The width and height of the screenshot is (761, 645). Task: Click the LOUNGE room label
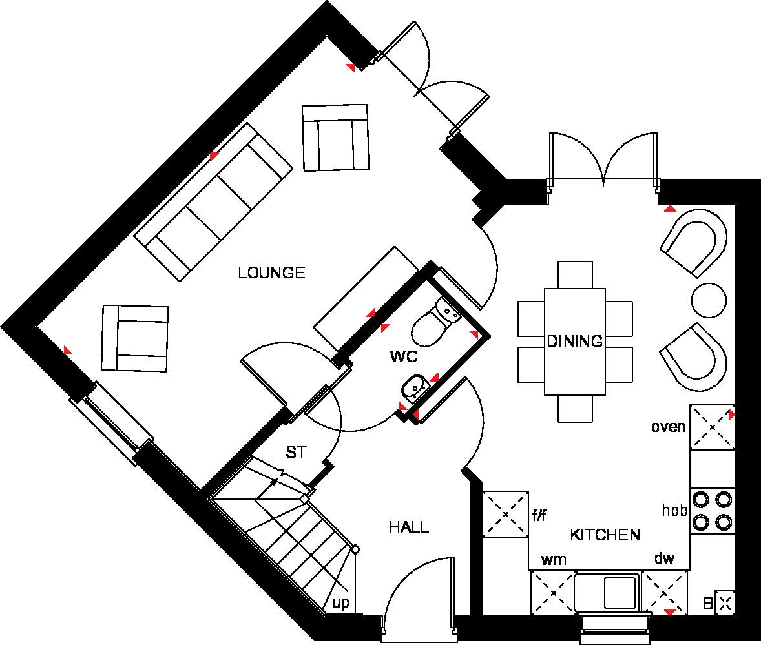pyautogui.click(x=271, y=272)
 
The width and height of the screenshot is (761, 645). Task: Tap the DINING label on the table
pyautogui.click(x=575, y=341)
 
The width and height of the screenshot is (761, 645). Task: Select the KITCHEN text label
pyautogui.click(x=605, y=535)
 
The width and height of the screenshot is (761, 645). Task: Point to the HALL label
pyautogui.click(x=409, y=527)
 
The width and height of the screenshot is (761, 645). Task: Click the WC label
pyautogui.click(x=404, y=357)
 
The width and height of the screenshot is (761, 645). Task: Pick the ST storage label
pyautogui.click(x=296, y=453)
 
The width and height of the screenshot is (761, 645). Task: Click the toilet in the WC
pyautogui.click(x=435, y=321)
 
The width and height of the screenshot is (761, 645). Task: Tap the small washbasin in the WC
pyautogui.click(x=415, y=389)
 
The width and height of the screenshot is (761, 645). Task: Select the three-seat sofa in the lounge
pyautogui.click(x=213, y=202)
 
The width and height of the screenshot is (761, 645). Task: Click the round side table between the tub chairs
pyautogui.click(x=709, y=300)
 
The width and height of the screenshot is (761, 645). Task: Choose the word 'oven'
pyautogui.click(x=669, y=427)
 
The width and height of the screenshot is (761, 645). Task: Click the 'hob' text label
pyautogui.click(x=674, y=510)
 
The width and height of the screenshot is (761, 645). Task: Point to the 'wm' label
pyautogui.click(x=554, y=560)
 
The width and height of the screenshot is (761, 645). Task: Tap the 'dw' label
pyautogui.click(x=664, y=558)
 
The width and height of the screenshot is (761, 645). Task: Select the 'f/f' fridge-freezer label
pyautogui.click(x=539, y=515)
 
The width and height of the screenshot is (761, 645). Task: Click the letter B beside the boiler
pyautogui.click(x=709, y=603)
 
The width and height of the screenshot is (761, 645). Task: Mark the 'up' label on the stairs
pyautogui.click(x=340, y=603)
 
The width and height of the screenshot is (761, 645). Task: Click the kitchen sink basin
pyautogui.click(x=620, y=592)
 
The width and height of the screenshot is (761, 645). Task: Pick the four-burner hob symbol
pyautogui.click(x=712, y=511)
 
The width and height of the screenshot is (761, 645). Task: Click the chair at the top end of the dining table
pyautogui.click(x=575, y=275)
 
